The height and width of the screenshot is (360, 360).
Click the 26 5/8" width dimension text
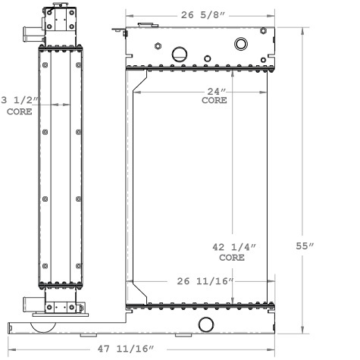[x=202, y=13]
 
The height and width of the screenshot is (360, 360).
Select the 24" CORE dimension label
[x=214, y=95]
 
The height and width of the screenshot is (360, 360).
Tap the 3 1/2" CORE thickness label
[x=20, y=105]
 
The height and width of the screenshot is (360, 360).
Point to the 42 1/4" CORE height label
[x=232, y=252]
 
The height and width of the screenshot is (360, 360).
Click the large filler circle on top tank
[x=180, y=53]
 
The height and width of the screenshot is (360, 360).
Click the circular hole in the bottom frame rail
[x=206, y=324]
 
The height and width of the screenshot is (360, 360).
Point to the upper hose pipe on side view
[x=30, y=33]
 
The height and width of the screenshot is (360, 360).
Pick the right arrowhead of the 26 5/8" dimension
[x=274, y=14]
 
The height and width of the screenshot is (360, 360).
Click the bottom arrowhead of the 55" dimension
[x=305, y=332]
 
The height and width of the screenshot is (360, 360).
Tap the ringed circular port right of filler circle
[x=241, y=43]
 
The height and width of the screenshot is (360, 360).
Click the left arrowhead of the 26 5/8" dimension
[x=127, y=14]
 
